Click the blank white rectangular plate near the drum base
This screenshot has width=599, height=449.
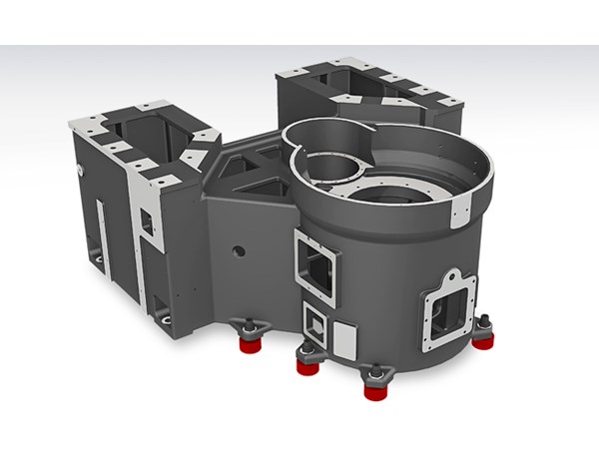coord(343,340)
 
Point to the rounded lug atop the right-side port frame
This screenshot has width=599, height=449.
coord(451,276)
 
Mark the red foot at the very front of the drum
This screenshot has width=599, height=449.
coord(375,390)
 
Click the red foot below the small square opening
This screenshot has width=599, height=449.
coord(306,365)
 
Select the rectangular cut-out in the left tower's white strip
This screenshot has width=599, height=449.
coord(147,224)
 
